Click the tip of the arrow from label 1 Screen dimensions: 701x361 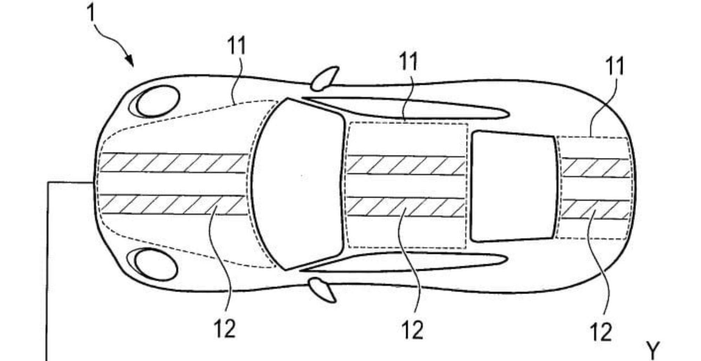pyautogui.click(x=133, y=66)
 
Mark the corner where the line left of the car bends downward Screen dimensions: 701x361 pyautogui.click(x=47, y=182)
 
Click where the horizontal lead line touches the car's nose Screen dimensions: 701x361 pyautogui.click(x=93, y=182)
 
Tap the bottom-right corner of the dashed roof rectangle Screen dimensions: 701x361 pyautogui.click(x=466, y=248)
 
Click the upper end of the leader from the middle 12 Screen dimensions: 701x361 pyautogui.click(x=405, y=209)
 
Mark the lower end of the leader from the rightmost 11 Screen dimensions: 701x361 pyautogui.click(x=590, y=137)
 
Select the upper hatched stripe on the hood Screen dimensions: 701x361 pyautogui.click(x=174, y=163)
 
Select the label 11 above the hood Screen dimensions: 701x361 pyautogui.click(x=237, y=46)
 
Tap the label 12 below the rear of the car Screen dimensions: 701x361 pyautogui.click(x=601, y=332)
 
